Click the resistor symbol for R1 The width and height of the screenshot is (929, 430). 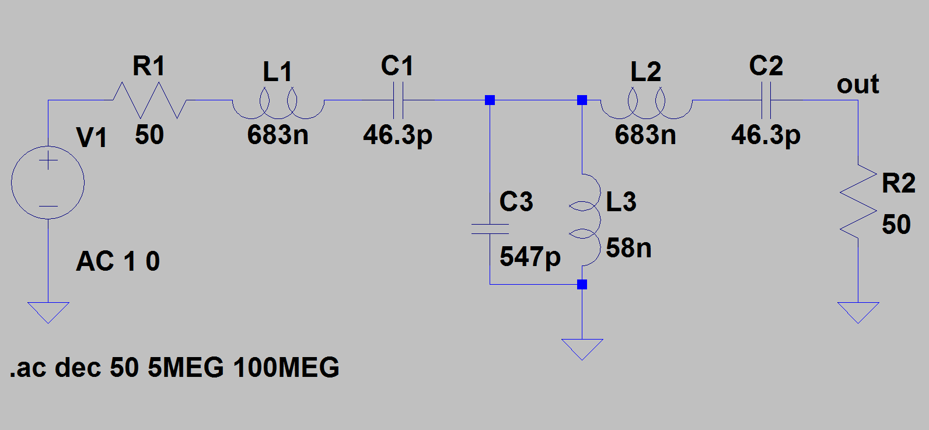pyautogui.click(x=149, y=100)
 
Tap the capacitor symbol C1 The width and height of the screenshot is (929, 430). pyautogui.click(x=398, y=100)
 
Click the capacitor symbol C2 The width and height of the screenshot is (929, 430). pyautogui.click(x=767, y=100)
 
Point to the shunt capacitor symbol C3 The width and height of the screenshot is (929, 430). pyautogui.click(x=490, y=229)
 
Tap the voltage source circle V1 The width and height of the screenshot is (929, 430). pyautogui.click(x=48, y=183)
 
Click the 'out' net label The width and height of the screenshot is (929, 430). pyautogui.click(x=857, y=85)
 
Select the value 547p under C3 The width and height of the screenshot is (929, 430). pyautogui.click(x=530, y=257)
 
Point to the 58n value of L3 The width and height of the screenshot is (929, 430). pyautogui.click(x=628, y=249)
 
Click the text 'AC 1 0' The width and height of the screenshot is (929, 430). pyautogui.click(x=118, y=261)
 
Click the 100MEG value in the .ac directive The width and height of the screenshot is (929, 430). pyautogui.click(x=286, y=368)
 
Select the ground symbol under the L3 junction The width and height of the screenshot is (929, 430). pyautogui.click(x=582, y=348)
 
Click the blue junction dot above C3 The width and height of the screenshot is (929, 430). pyautogui.click(x=490, y=100)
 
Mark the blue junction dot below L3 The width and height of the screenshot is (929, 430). pyautogui.click(x=582, y=285)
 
